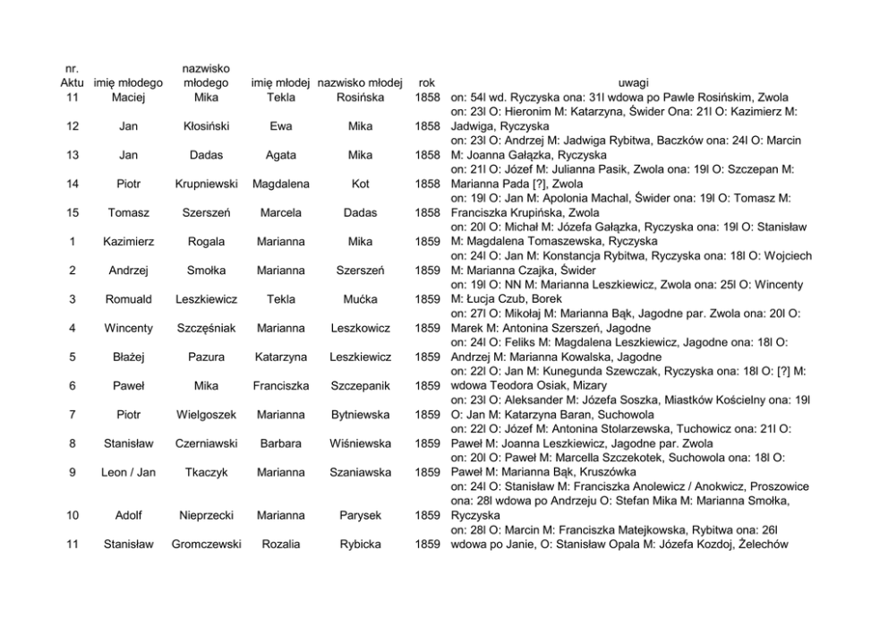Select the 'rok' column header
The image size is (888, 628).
coord(427,83)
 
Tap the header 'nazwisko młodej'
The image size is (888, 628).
coord(360,83)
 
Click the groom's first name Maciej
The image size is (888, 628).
coord(128,98)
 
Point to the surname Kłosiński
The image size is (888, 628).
coord(206,126)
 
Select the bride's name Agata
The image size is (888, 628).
coord(280,155)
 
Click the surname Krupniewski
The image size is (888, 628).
coord(206,184)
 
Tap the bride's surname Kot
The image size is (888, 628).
coord(360,184)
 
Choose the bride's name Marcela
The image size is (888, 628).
coord(280,212)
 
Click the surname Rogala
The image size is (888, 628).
coord(206,241)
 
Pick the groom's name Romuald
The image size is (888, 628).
coord(128,299)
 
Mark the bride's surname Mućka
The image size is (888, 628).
coord(360,299)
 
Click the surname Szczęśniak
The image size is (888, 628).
coord(206,328)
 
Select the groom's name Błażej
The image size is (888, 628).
coord(128,357)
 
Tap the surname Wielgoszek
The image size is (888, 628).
coord(206,415)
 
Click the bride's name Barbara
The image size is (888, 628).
coord(280,443)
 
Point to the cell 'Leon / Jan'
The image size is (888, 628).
coord(128,472)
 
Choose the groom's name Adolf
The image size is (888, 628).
coord(128,515)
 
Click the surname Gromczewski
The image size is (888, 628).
coord(206,544)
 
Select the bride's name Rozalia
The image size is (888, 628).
coord(280,544)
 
